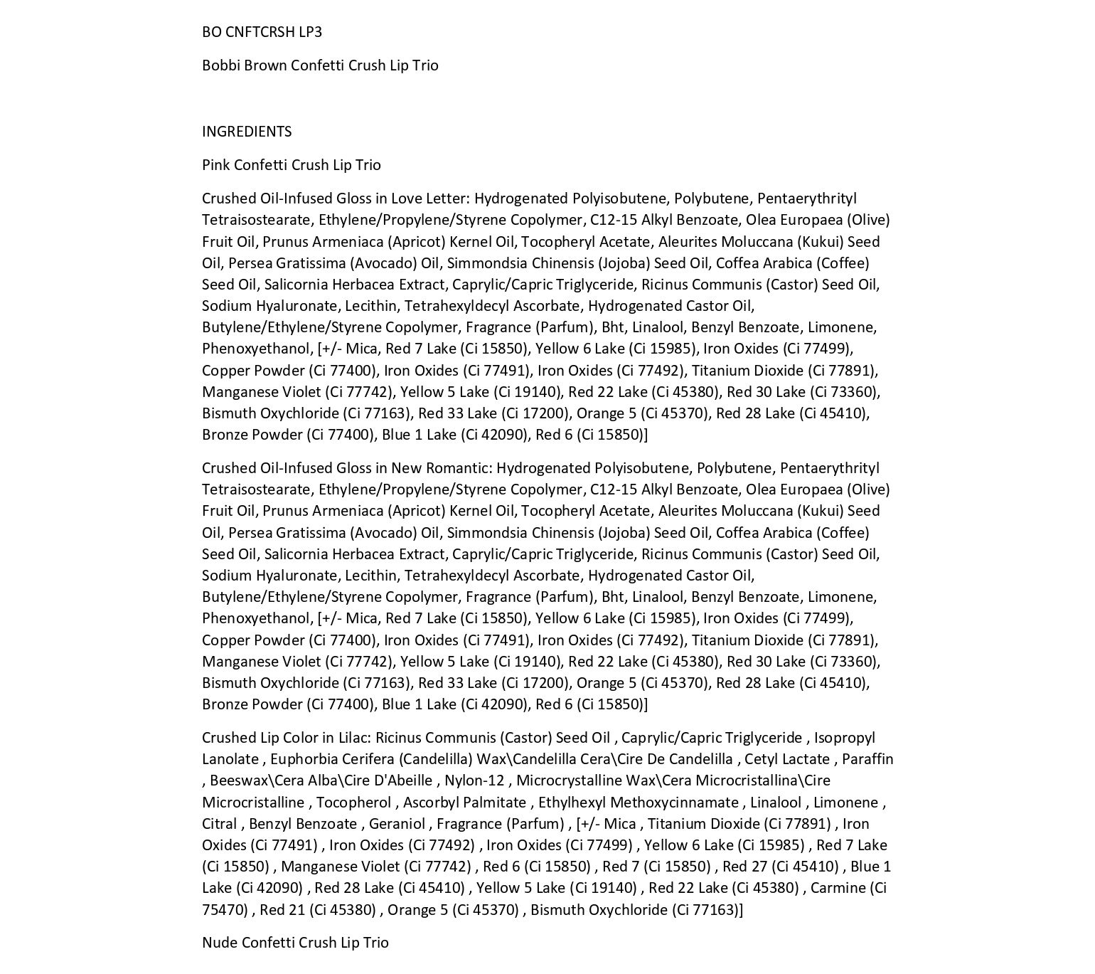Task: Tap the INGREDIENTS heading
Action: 247,132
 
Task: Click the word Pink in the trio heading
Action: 215,165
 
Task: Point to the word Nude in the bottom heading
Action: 220,943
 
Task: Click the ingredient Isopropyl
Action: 845,738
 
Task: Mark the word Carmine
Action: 838,888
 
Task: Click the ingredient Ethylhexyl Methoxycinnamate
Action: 638,803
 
